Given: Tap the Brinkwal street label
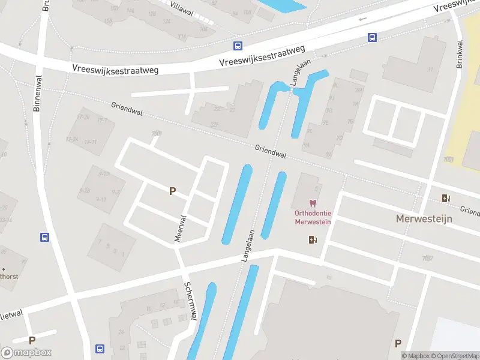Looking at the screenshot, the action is point(460,55).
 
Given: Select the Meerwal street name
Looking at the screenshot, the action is point(178,229).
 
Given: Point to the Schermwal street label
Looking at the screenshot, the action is point(190,302).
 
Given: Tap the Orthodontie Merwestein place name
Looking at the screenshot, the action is point(313,217).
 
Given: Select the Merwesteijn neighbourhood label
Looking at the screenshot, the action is point(424,219).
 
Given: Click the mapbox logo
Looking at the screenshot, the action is point(26,353).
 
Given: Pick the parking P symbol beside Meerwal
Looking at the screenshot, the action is point(172,191).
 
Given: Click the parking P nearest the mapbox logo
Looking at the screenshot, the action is point(32,340).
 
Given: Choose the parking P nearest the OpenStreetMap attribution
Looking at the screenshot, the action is point(398,343).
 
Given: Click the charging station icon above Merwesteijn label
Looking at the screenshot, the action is point(445,199).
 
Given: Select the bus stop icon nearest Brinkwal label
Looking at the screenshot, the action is point(373,37).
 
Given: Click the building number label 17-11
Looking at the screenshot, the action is point(91,142).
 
